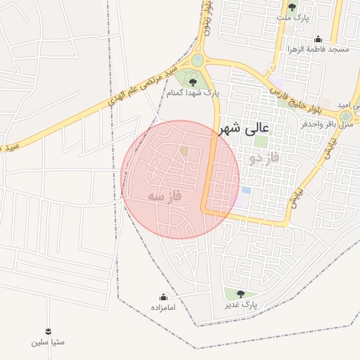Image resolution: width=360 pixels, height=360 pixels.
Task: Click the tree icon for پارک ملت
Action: coord(292,8)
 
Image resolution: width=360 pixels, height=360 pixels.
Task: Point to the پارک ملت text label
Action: coord(292,18)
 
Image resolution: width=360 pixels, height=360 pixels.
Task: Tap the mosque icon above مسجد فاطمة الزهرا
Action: coord(318,39)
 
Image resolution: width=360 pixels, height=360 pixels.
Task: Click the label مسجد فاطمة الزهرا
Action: coord(316,50)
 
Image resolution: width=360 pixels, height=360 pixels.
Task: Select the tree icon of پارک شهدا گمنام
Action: coord(193,82)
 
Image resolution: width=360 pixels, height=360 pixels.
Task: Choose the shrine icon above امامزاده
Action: coord(164,297)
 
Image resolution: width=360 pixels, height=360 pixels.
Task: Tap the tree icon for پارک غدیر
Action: coord(240,294)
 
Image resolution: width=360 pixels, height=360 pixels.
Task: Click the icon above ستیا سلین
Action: coord(48,331)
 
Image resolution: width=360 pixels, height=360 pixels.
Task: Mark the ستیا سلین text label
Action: coord(48,342)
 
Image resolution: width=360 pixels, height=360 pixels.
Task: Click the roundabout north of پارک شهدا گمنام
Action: coord(198,60)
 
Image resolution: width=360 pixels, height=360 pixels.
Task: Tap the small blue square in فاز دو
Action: coord(246,190)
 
